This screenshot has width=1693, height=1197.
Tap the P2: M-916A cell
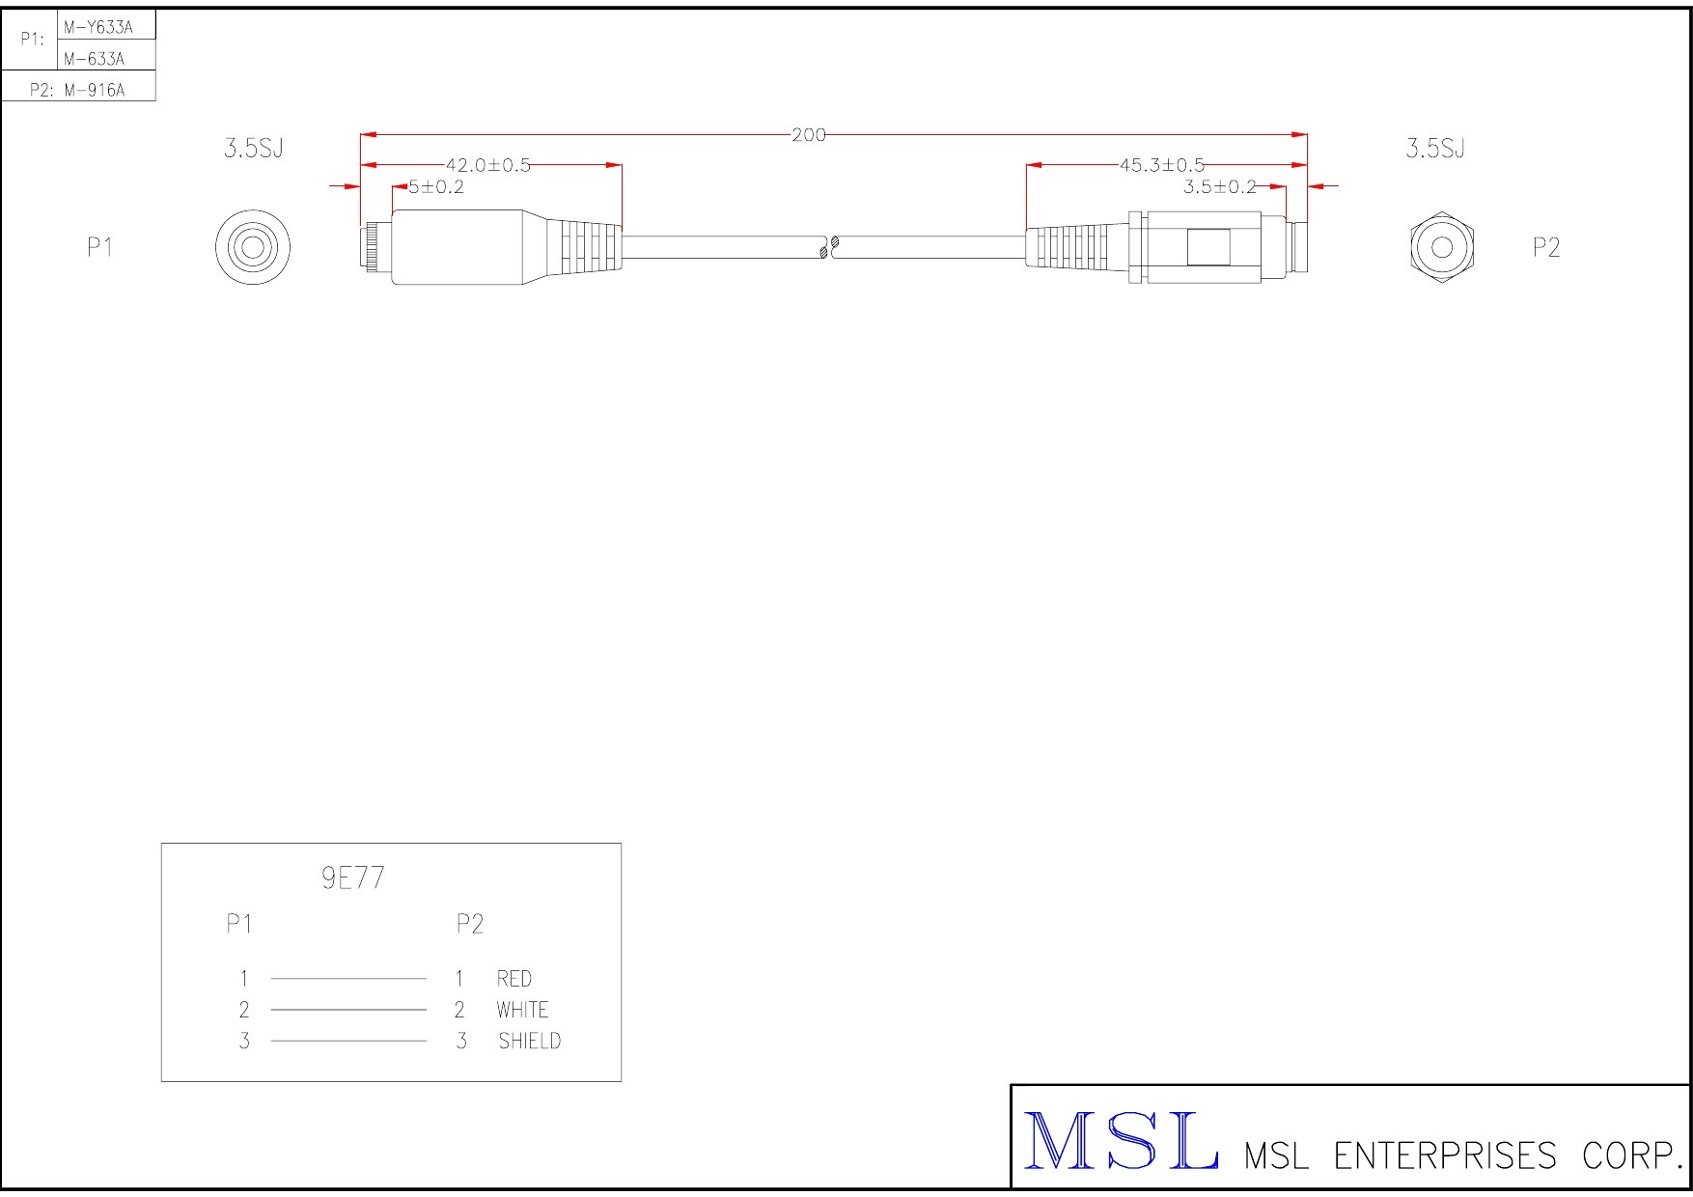(78, 91)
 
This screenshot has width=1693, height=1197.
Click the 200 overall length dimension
(809, 135)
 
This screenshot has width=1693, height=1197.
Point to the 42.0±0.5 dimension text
(488, 165)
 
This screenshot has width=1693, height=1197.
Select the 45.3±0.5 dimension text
(1162, 165)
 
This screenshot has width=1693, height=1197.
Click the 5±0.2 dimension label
(436, 187)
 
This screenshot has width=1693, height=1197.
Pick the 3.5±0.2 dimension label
(1220, 187)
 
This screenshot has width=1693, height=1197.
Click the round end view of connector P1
(253, 247)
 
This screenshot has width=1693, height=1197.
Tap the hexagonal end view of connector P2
(1442, 247)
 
